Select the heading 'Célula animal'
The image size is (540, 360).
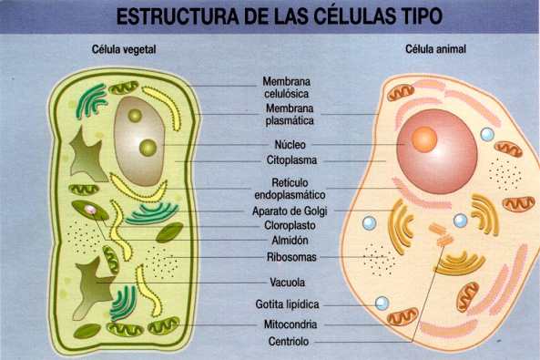[x=436, y=49]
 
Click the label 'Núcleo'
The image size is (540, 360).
[x=290, y=145]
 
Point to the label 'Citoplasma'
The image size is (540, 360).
[x=290, y=160]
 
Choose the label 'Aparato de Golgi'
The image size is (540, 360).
[x=290, y=211]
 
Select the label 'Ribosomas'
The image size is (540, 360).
[x=290, y=258]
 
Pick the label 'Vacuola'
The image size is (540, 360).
[x=290, y=283]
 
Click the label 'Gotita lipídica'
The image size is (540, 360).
[x=290, y=305]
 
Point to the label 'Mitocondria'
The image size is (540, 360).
[x=290, y=324]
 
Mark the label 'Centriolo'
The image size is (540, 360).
[x=290, y=343]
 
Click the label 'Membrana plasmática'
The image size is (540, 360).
[x=290, y=114]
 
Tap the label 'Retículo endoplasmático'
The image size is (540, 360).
[x=290, y=187]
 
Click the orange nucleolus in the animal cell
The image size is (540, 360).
[x=423, y=139]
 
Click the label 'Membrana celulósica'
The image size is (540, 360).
[x=290, y=87]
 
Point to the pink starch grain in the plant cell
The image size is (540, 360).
[x=92, y=211]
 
